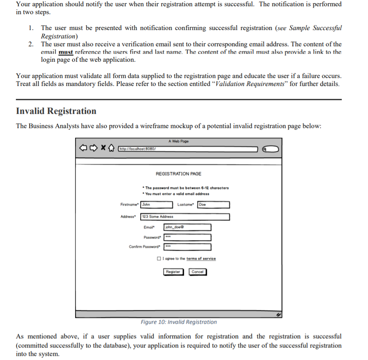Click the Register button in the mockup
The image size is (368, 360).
173,272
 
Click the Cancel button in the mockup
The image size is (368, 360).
197,272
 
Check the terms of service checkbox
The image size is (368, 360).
159,259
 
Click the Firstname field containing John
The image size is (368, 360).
156,205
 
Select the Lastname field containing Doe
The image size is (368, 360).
213,205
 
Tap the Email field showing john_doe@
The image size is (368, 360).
187,227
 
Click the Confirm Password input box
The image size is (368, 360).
187,247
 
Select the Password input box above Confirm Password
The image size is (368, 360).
187,237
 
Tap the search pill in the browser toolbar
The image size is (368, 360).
271,149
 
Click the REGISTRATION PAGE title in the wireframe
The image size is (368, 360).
178,174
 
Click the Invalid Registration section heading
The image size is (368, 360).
56,111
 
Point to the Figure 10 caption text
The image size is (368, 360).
179,322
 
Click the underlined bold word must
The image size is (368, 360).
66,52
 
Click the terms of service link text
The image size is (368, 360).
201,259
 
